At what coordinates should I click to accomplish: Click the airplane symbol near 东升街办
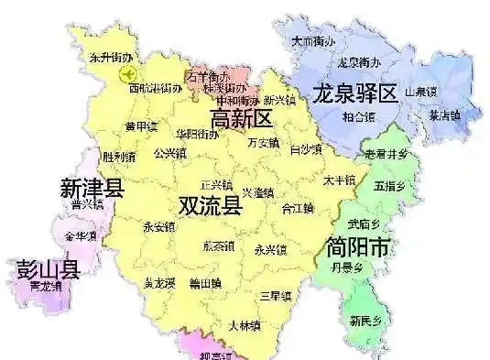pyautogui.click(x=129, y=71)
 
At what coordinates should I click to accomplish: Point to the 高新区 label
pyautogui.click(x=242, y=118)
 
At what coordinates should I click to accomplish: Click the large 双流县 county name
pyautogui.click(x=211, y=204)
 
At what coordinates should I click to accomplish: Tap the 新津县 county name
pyautogui.click(x=92, y=189)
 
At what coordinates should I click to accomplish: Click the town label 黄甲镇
pyautogui.click(x=142, y=126)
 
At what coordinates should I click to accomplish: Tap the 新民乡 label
pyautogui.click(x=365, y=321)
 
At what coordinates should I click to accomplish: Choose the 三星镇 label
pyautogui.click(x=275, y=296)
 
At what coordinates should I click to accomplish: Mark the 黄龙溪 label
pyautogui.click(x=159, y=285)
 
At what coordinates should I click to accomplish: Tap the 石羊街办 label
pyautogui.click(x=207, y=77)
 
